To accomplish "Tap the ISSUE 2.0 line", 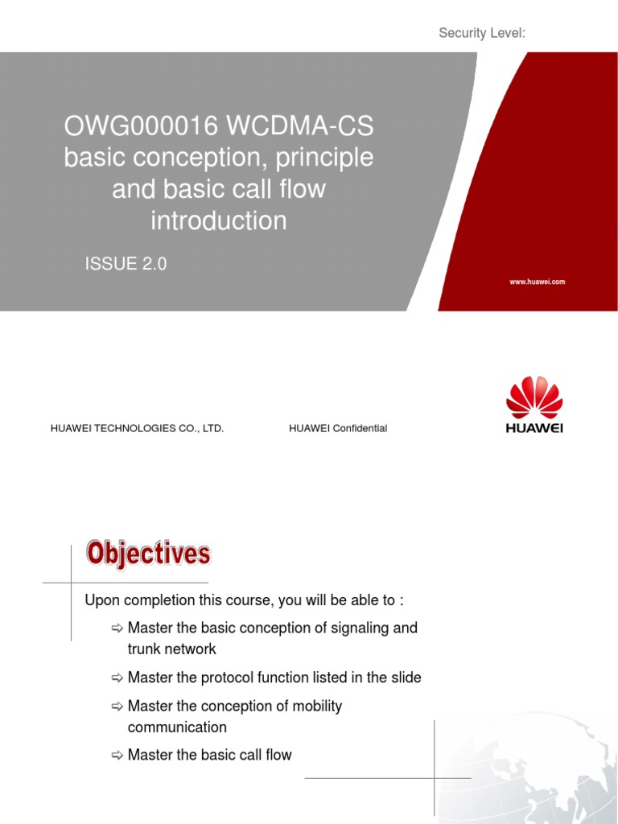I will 126,263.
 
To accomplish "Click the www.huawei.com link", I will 538,282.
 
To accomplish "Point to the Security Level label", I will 482,32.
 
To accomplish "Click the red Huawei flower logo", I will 534,398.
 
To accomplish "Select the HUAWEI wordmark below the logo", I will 534,428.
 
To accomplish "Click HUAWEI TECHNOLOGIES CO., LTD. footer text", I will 137,429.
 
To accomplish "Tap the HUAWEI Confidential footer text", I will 338,429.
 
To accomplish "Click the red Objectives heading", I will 149,554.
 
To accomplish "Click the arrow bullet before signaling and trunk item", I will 117,628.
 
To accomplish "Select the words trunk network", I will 171,649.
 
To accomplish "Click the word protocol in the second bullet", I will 230,678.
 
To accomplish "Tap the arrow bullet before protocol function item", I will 117,678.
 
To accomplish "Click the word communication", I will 177,727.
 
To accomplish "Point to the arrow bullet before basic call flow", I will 117,755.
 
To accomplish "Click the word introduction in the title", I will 218,220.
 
